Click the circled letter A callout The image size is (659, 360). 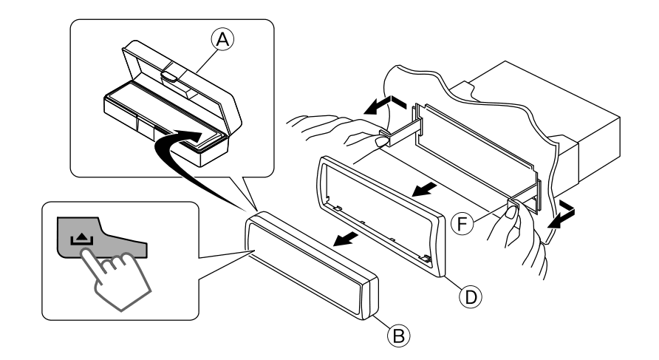222,39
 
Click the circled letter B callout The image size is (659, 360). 398,336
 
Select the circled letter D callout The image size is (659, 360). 471,297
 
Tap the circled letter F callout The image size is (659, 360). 462,223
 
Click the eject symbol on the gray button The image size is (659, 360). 81,240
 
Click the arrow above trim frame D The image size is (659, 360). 424,189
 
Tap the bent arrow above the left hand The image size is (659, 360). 385,105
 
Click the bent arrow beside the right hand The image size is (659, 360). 562,214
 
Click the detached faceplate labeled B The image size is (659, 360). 312,265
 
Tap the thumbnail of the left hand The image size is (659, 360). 382,142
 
